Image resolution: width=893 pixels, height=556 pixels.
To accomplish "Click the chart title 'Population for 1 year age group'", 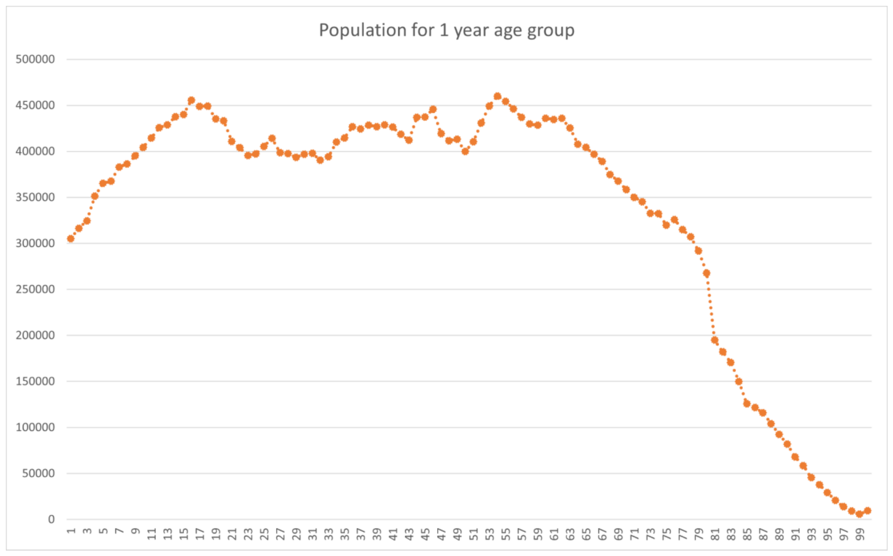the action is click(x=446, y=30).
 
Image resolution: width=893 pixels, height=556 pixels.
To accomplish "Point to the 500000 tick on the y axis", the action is click(x=35, y=59).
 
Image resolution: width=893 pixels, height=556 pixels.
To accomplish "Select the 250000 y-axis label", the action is click(x=35, y=289).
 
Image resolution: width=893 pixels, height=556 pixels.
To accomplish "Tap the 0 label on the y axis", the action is click(x=51, y=519).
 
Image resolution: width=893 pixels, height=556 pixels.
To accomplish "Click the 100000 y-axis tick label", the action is click(x=35, y=427).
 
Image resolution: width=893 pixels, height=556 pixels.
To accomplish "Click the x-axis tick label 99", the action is click(x=859, y=534).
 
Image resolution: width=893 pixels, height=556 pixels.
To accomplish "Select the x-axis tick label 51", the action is click(x=473, y=534).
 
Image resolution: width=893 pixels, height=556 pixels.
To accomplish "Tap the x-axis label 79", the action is click(x=699, y=534).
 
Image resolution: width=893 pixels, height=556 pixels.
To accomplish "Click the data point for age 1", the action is click(x=70, y=239).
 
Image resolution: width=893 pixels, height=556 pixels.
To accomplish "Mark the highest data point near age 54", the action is click(x=497, y=96).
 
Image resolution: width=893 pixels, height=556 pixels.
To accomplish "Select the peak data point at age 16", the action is click(x=191, y=101).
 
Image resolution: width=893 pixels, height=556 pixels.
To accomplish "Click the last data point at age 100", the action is click(x=867, y=511).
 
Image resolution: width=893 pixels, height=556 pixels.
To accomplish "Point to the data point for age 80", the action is click(x=706, y=274).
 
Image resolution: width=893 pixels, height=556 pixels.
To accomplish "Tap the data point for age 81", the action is click(x=715, y=340).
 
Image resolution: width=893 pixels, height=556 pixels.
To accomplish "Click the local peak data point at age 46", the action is click(x=433, y=109).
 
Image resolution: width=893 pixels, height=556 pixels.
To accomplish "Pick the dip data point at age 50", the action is click(x=465, y=151).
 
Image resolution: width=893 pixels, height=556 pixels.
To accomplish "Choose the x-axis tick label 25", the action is click(x=264, y=534).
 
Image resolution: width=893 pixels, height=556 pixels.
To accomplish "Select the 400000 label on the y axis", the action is click(x=35, y=151).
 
